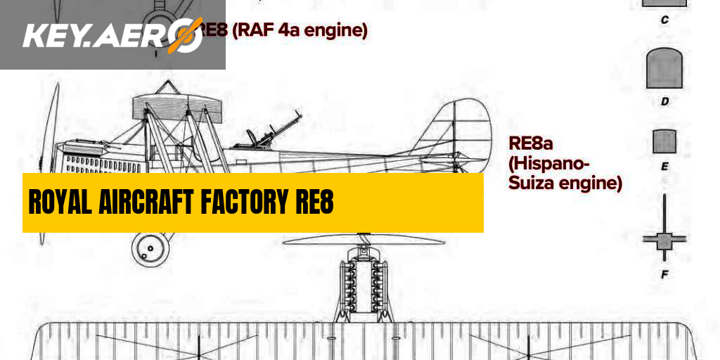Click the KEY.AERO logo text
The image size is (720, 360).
tap(98, 35)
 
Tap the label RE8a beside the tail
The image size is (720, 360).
tap(531, 143)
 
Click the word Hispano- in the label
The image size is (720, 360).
tap(550, 164)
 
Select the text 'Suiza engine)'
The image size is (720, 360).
tap(565, 184)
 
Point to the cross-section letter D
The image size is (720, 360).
tap(664, 101)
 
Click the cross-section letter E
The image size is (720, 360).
tap(664, 167)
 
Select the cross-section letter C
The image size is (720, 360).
tap(664, 20)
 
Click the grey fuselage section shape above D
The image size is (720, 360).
tap(664, 69)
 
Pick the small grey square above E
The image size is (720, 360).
tap(664, 141)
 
